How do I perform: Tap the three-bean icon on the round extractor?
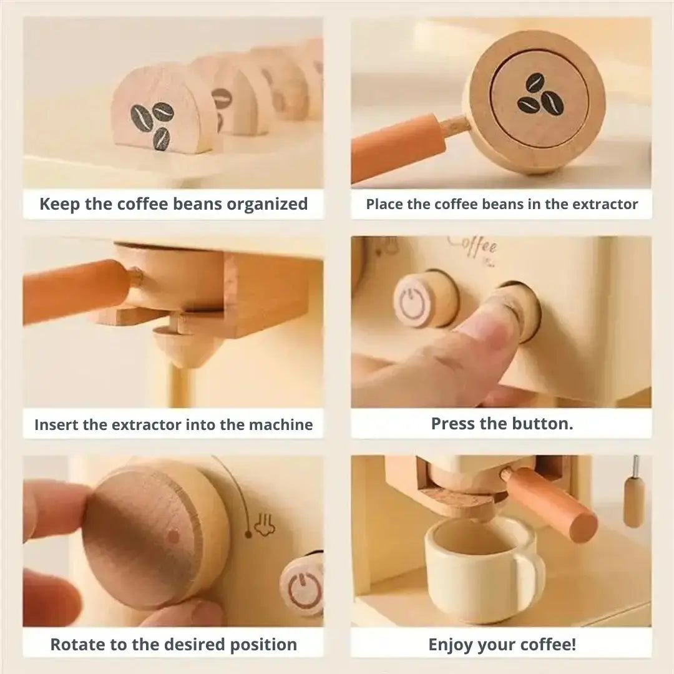540,94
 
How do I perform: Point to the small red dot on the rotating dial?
173,536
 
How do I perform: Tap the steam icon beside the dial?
265,525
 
